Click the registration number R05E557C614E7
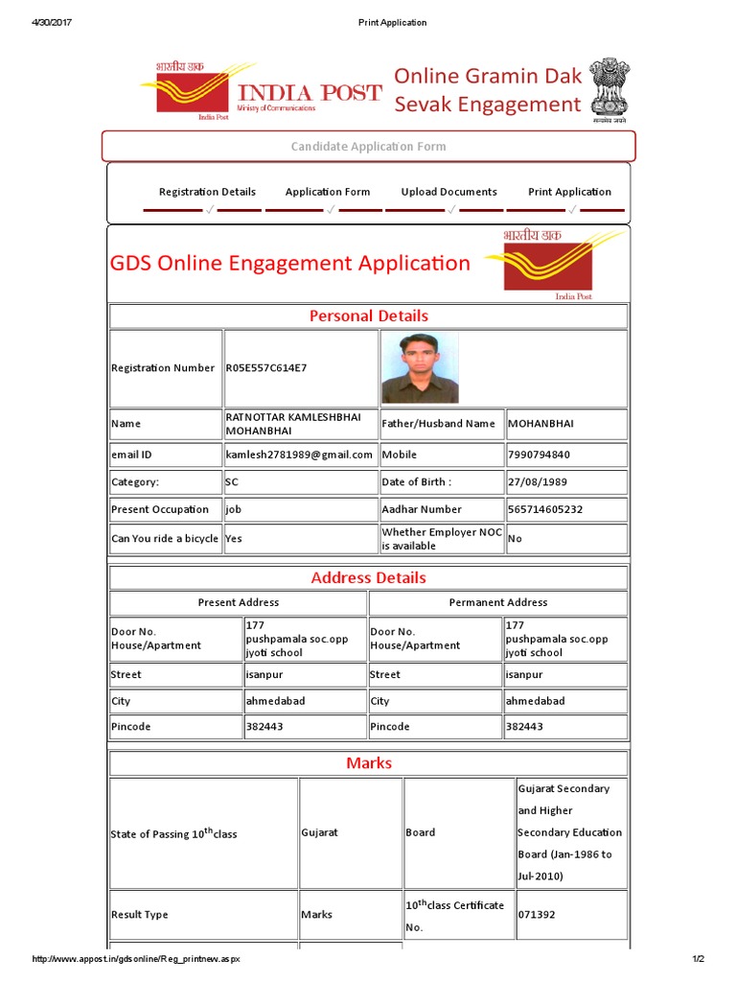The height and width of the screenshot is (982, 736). tap(266, 368)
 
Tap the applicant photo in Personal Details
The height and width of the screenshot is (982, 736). tap(420, 367)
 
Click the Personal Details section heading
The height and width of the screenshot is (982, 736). tap(368, 316)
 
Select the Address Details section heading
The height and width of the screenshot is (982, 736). tap(368, 578)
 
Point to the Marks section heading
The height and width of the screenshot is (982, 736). tap(368, 763)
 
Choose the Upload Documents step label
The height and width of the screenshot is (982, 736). tap(448, 192)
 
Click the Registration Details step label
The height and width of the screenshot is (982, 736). tap(207, 192)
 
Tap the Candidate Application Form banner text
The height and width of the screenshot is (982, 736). tap(368, 147)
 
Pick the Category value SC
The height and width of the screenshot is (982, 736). tap(232, 482)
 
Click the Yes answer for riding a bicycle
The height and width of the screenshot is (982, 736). tap(234, 539)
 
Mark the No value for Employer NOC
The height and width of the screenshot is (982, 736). tap(515, 539)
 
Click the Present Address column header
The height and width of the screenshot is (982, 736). tap(238, 602)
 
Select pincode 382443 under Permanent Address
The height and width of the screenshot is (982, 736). tap(524, 727)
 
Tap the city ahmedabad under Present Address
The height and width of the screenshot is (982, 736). tap(275, 701)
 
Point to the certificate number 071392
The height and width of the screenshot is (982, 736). tap(535, 915)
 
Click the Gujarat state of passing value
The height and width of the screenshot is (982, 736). tap(319, 833)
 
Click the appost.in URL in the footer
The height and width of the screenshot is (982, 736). tap(136, 959)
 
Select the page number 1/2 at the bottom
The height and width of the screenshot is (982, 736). tap(698, 959)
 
